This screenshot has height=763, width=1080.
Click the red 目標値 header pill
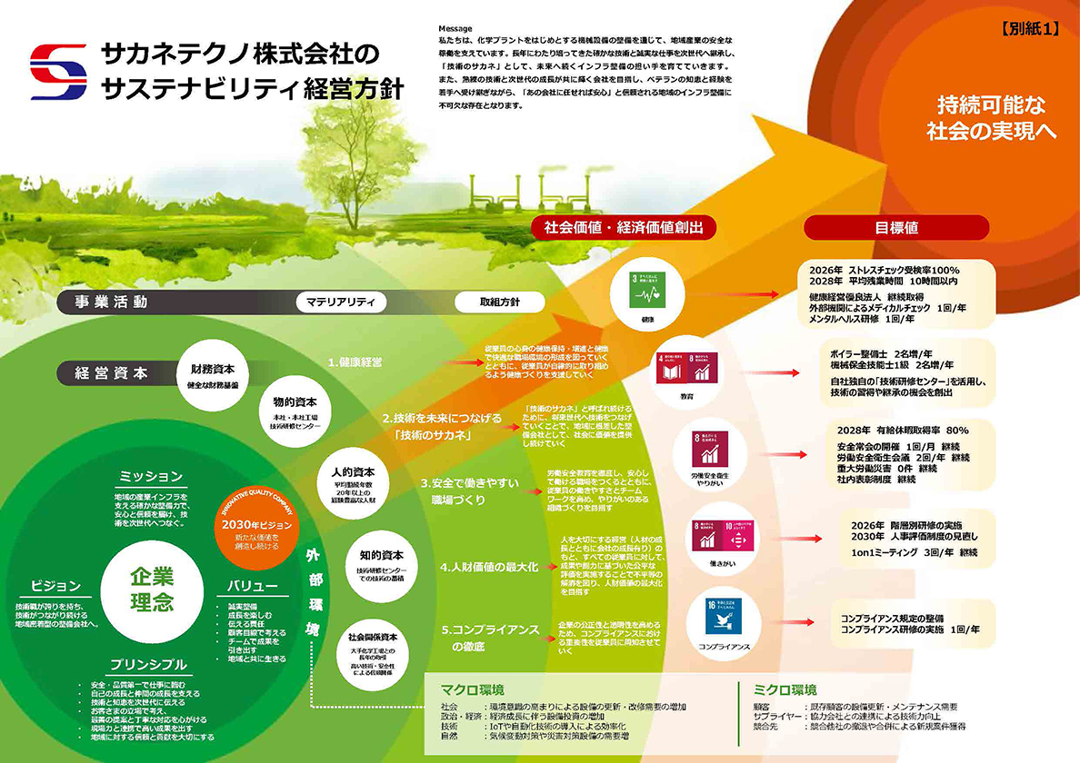[895, 227]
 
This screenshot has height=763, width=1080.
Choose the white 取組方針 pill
[500, 302]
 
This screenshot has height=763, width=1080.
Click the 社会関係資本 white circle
[372, 646]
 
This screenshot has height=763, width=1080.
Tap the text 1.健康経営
[355, 362]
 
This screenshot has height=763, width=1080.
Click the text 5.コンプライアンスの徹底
[489, 638]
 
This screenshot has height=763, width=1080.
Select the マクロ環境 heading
[472, 689]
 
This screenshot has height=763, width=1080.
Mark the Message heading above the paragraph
[455, 29]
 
